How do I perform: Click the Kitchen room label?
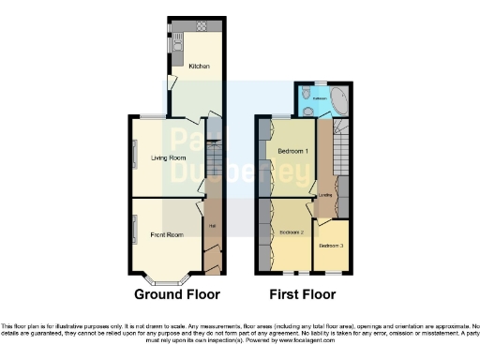point(199,67)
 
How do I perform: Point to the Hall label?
point(212,224)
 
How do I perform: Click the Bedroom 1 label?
point(293,151)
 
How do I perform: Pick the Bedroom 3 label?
point(331,246)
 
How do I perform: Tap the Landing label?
point(326,195)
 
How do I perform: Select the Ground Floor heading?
point(176,294)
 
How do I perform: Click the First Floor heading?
point(302,294)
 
